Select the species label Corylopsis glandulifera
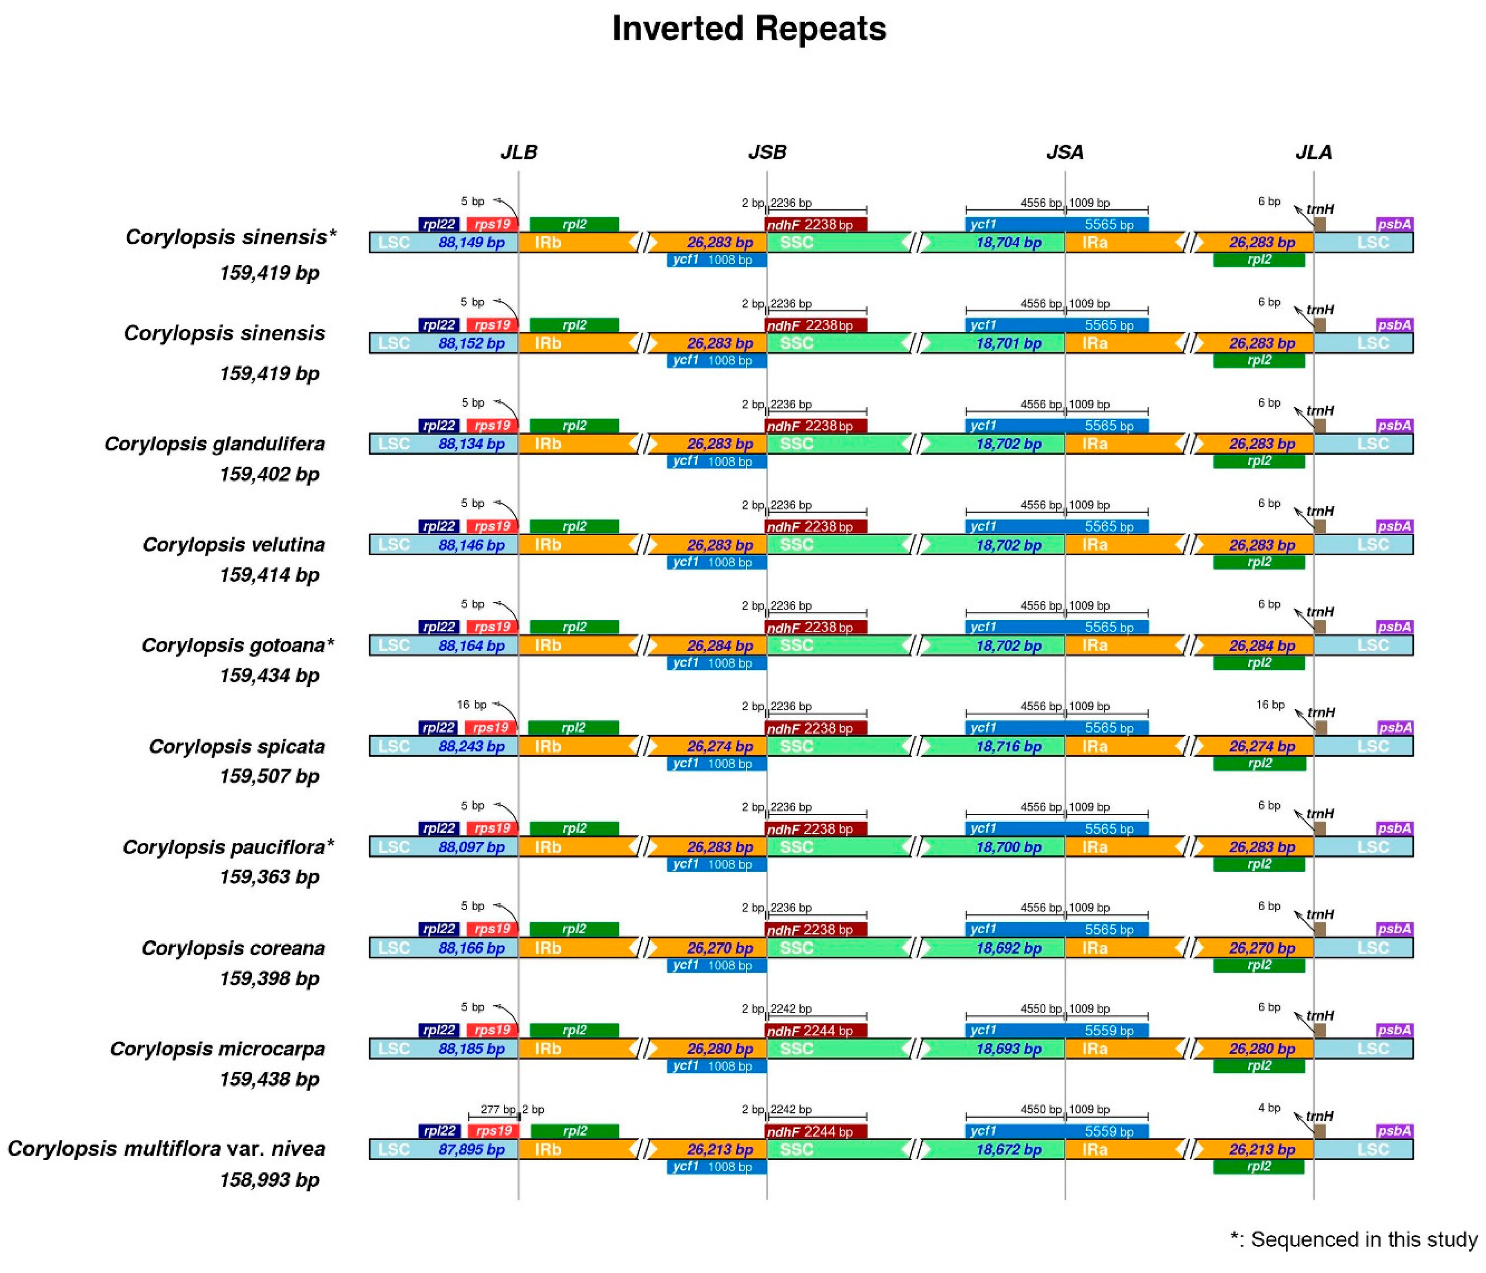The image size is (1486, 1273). pos(215,444)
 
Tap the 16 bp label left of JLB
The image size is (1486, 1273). pos(471,705)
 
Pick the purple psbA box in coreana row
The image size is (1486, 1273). pos(1394,929)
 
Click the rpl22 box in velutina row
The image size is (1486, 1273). pos(438,527)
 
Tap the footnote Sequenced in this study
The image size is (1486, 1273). pos(1354,1239)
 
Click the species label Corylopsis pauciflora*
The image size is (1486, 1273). pos(228,847)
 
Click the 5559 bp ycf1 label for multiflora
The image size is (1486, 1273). pos(1109,1131)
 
